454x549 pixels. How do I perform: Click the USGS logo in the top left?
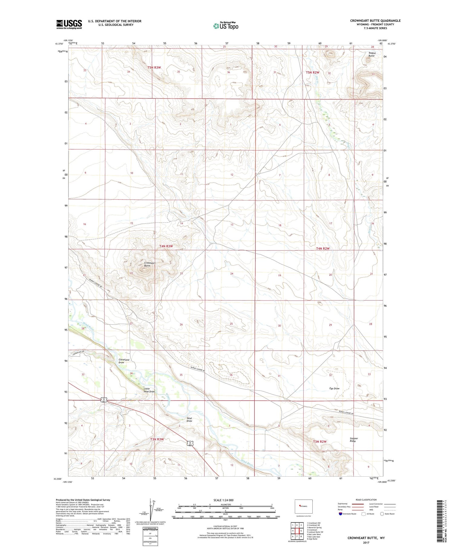pos(69,24)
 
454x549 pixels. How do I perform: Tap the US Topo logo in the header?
pos(225,26)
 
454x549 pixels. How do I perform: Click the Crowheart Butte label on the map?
pos(150,264)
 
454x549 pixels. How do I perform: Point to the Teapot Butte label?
pos(371,54)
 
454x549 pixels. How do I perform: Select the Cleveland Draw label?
pos(124,361)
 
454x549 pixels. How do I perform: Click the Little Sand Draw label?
pos(149,390)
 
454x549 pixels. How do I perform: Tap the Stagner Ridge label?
pos(354,440)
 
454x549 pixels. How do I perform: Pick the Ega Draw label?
pos(334,389)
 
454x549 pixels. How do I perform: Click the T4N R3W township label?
pos(166,246)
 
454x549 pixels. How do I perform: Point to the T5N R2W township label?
pos(312,72)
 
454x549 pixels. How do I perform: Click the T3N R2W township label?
pos(320,442)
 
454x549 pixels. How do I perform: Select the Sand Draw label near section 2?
pos(189,419)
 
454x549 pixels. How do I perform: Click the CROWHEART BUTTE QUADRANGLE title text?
pos(375,21)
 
